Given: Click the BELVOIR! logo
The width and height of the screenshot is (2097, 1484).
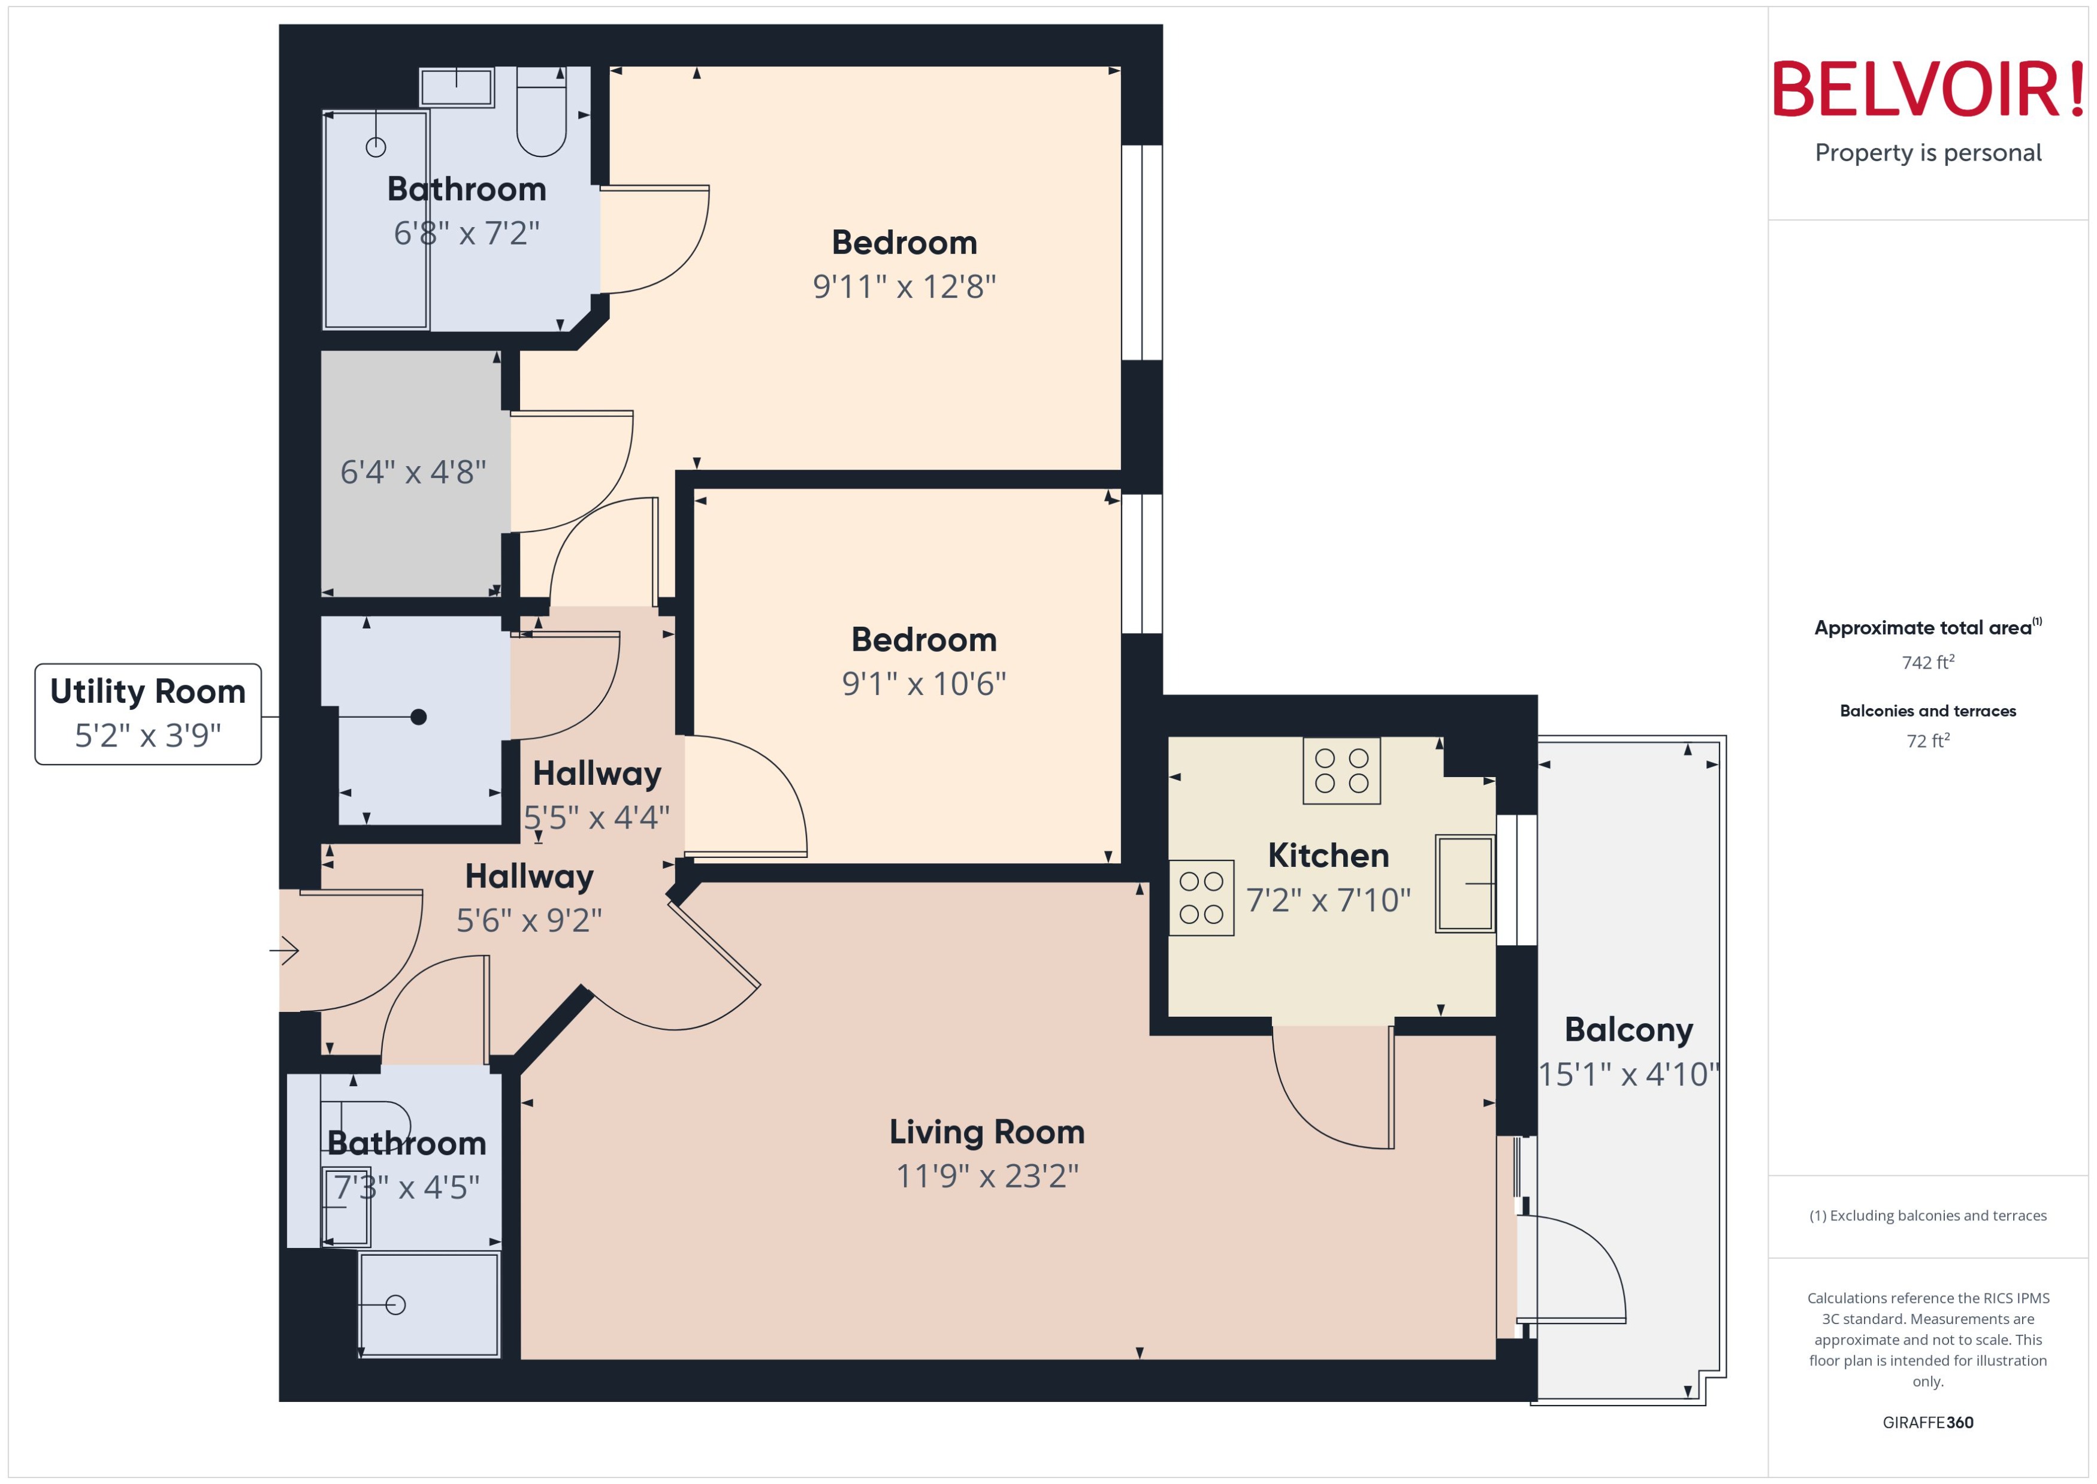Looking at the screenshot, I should click(1928, 89).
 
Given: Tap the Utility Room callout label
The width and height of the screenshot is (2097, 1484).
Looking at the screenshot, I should click(148, 714).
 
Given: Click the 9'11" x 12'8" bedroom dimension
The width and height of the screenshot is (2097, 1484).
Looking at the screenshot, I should click(904, 287).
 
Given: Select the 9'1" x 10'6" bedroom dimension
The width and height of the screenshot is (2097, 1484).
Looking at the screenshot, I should click(924, 684).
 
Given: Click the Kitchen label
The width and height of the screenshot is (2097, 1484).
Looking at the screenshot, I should click(1328, 856).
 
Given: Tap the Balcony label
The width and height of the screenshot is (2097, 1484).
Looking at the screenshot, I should click(1628, 1030).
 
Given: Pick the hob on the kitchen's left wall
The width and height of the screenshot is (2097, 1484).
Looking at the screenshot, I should click(1201, 897).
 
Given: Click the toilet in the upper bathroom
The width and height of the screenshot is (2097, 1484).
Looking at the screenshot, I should click(541, 111).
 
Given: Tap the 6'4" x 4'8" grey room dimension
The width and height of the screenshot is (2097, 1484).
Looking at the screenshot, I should click(413, 473).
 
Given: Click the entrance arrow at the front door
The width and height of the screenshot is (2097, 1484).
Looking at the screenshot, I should click(285, 950).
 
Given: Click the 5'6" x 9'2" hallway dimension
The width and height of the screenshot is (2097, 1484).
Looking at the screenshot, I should click(529, 920).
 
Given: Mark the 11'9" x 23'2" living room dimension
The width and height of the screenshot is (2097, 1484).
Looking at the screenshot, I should click(987, 1176).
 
